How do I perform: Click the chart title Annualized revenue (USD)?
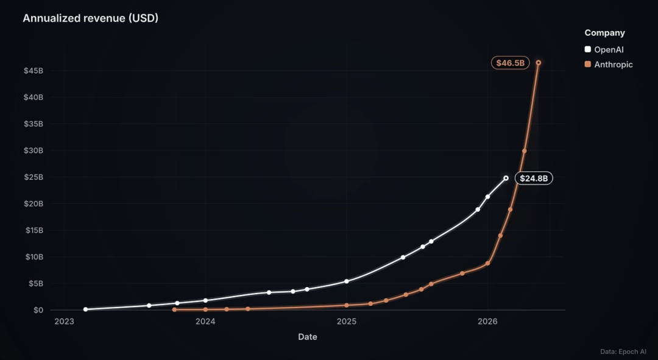90,18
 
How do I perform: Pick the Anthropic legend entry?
609,65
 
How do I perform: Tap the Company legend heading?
605,33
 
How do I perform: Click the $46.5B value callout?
511,63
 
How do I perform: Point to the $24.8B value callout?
534,178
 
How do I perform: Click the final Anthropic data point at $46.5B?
539,63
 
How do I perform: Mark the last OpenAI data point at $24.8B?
506,178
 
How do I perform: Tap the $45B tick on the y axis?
34,71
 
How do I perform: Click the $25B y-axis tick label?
34,177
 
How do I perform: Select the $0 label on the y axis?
38,310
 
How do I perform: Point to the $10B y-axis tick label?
34,257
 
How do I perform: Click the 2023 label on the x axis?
64,322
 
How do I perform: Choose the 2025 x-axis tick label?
347,322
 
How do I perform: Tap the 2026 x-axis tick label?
487,322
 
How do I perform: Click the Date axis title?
308,336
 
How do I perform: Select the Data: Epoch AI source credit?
623,351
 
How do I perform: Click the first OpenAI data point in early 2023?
86,309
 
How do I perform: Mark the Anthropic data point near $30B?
524,151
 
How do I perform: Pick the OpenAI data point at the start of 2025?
347,281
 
